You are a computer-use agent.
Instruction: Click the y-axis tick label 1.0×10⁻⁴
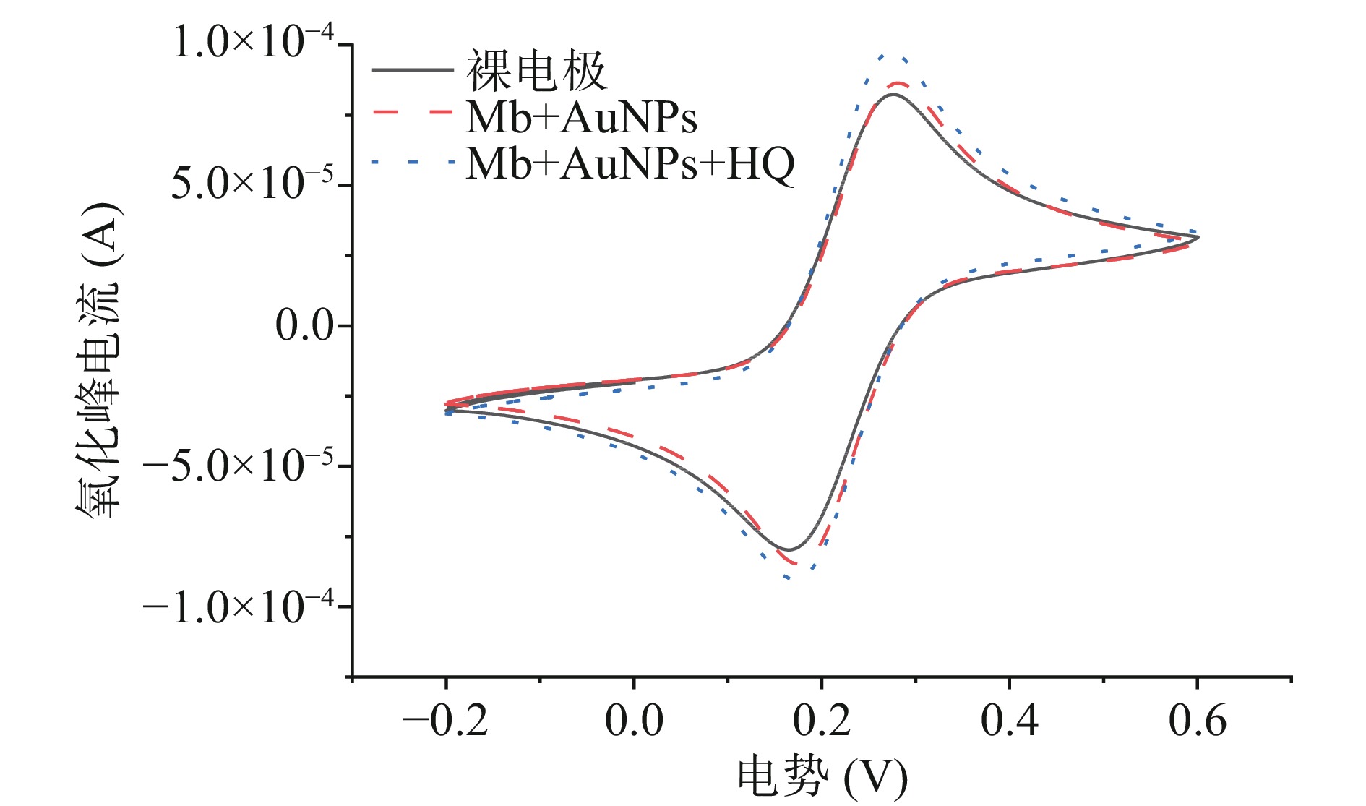[x=254, y=43]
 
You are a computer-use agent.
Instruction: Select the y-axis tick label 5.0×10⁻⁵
[x=254, y=184]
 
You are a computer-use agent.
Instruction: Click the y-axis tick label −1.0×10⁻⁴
[x=239, y=606]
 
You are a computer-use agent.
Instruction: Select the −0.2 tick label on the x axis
[x=445, y=721]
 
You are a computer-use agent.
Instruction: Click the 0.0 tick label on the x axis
[x=634, y=721]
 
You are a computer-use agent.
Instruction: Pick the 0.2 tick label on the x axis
[x=822, y=721]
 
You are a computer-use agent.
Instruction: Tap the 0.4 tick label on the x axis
[x=1010, y=721]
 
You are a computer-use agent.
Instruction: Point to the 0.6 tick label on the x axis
[x=1198, y=721]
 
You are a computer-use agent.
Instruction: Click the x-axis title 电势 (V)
[x=822, y=778]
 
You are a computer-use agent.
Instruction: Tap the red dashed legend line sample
[x=413, y=113]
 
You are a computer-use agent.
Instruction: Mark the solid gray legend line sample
[x=413, y=70]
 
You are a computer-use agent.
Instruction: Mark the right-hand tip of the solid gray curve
[x=1198, y=237]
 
